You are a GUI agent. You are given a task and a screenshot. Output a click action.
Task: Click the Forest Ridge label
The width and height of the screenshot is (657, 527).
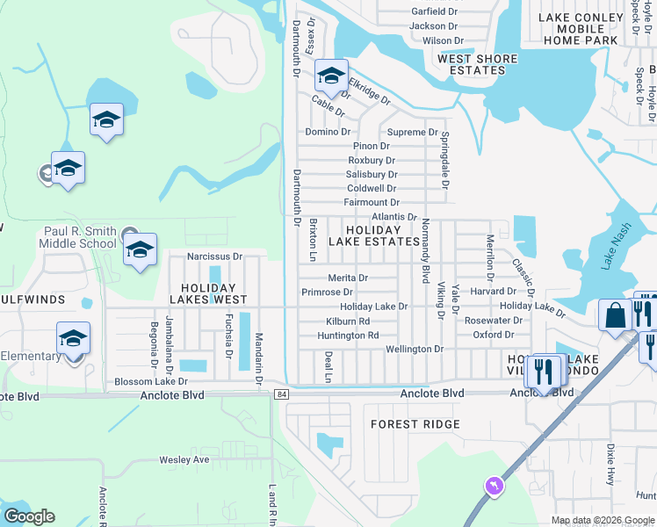click(415, 424)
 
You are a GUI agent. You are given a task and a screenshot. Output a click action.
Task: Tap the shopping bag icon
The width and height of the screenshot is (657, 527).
click(616, 314)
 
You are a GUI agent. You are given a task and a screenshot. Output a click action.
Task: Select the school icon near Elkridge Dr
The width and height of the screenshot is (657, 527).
click(331, 76)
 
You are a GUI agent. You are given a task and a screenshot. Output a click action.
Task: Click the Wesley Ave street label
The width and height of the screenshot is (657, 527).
click(184, 459)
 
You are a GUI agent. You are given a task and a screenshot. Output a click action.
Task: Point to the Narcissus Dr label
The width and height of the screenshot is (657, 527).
click(215, 257)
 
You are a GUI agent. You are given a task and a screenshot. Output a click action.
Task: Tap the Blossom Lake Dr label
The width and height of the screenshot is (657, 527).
click(151, 382)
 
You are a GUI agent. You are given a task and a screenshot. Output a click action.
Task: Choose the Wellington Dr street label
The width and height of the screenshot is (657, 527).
click(415, 349)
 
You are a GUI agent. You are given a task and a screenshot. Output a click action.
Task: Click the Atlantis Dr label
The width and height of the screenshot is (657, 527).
click(394, 216)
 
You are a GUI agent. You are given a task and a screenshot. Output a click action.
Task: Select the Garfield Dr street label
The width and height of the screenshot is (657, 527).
click(435, 12)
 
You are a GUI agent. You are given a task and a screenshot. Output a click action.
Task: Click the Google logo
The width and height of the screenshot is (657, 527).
click(29, 516)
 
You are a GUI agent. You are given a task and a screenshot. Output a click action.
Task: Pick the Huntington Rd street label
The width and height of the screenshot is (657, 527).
click(348, 336)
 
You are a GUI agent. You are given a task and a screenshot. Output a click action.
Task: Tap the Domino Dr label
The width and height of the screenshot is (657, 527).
click(328, 132)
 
